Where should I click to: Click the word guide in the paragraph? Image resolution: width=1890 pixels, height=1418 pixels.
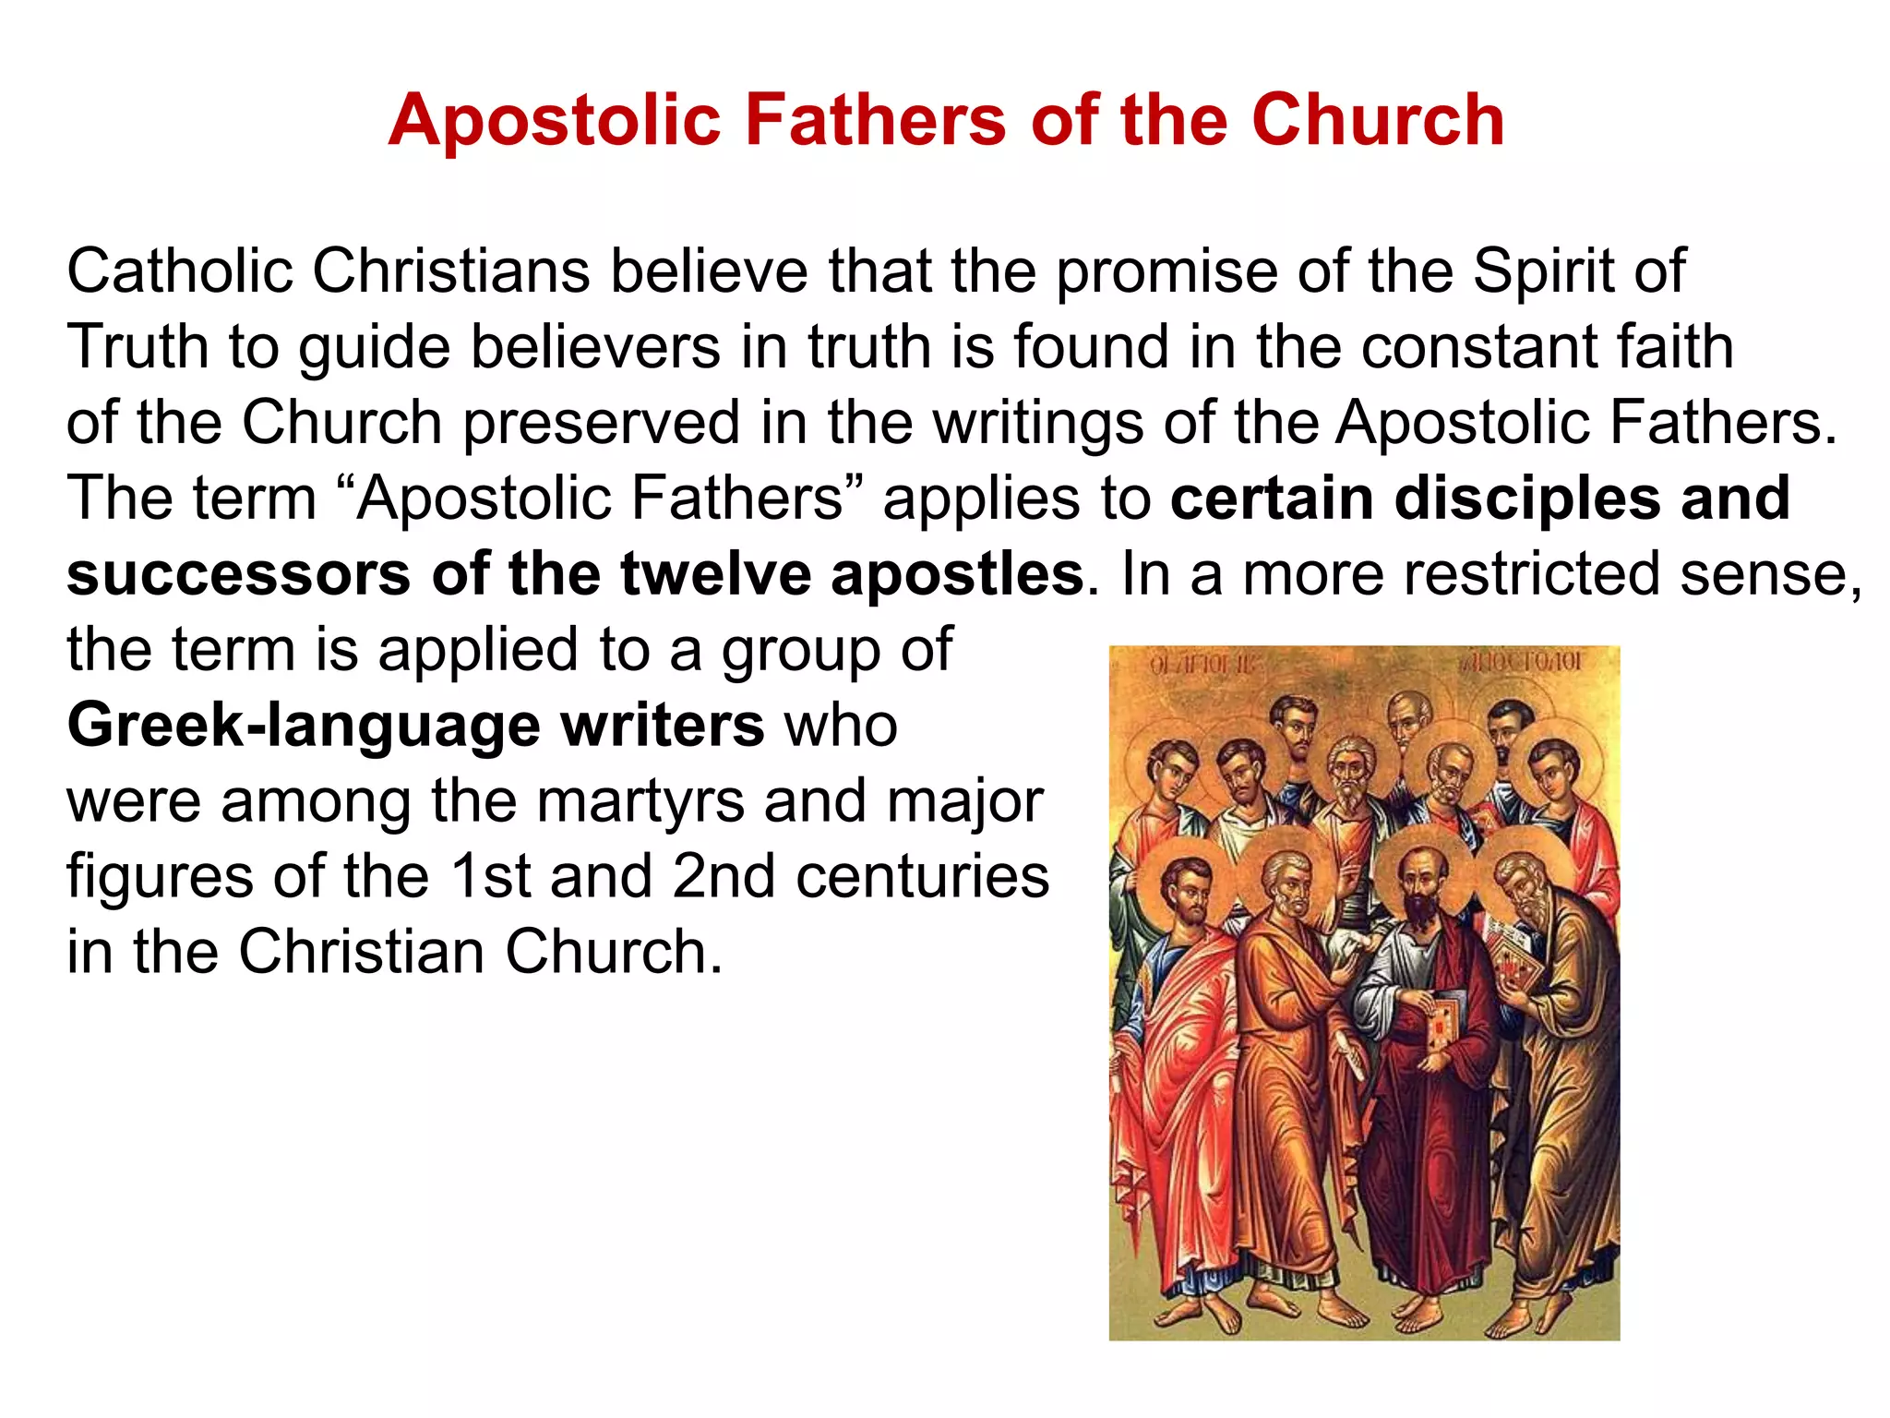(x=374, y=348)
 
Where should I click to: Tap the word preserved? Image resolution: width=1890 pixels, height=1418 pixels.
(x=601, y=423)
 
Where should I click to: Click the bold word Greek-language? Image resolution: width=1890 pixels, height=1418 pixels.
(x=304, y=727)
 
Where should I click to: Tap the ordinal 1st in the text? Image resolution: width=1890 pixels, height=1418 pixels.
(x=489, y=876)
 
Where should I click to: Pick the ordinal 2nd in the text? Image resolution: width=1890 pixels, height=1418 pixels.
(x=724, y=876)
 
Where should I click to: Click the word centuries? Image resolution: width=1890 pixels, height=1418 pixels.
(x=922, y=876)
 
